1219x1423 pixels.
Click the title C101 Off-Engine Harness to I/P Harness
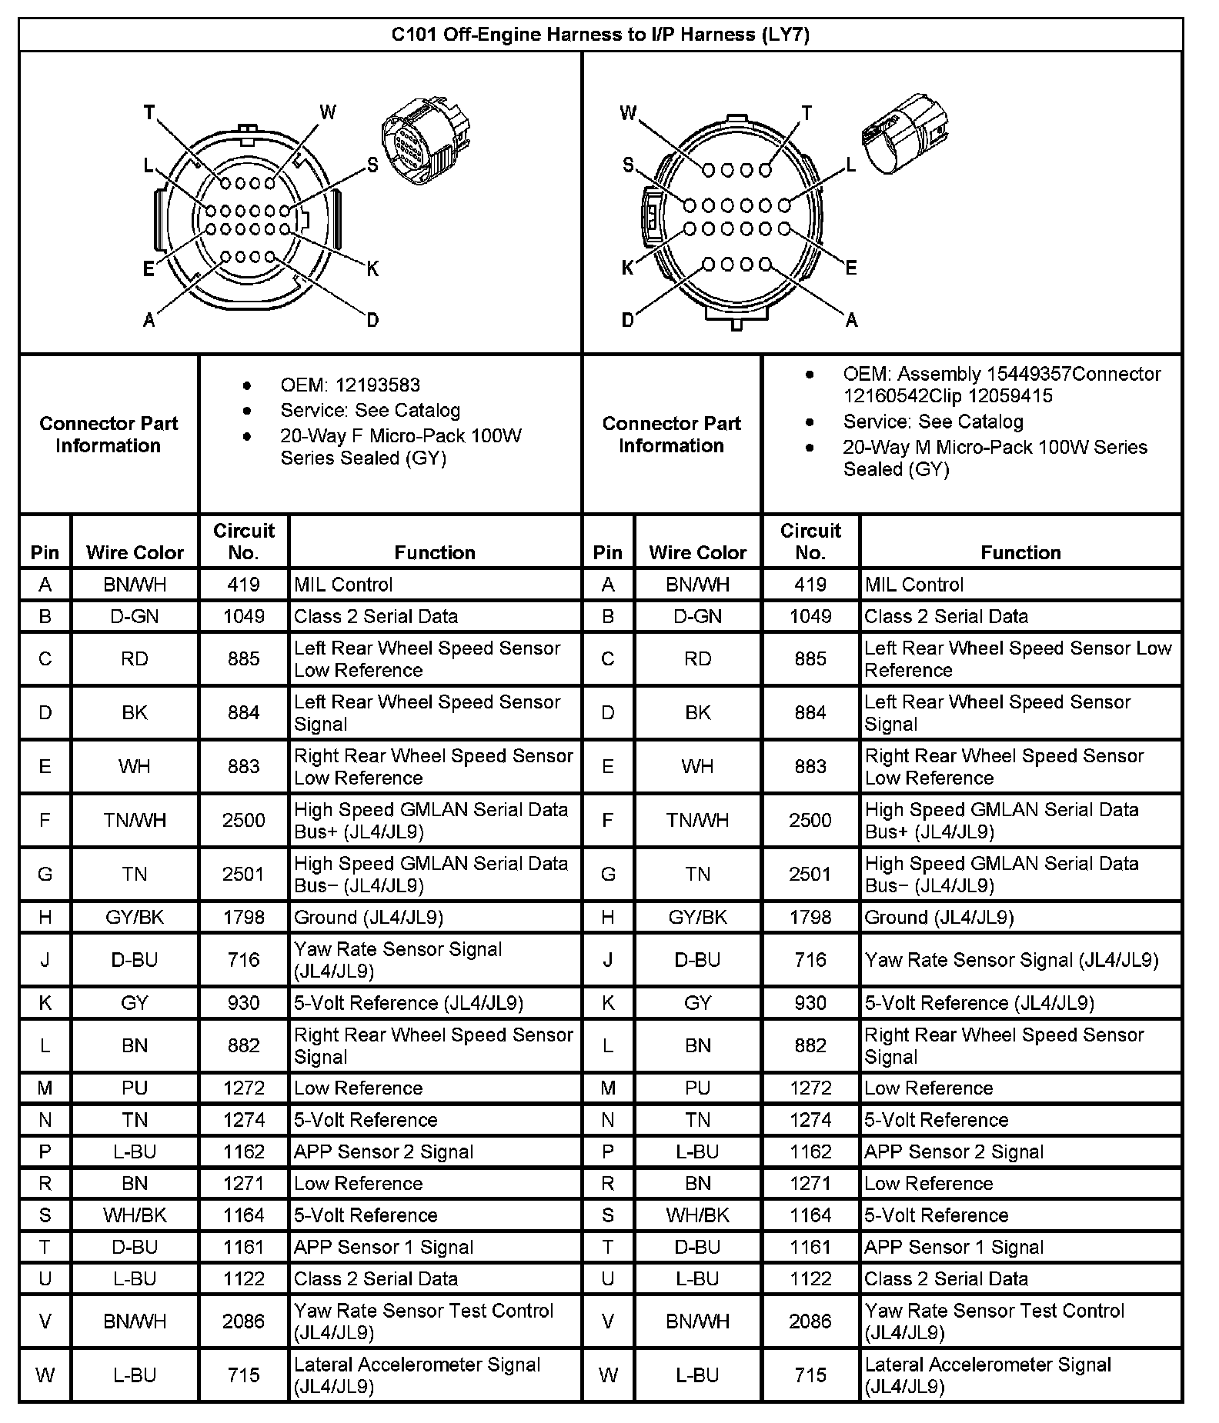point(600,35)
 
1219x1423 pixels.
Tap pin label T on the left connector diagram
point(149,113)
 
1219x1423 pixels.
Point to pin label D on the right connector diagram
point(627,319)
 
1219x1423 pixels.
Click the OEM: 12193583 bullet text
point(350,385)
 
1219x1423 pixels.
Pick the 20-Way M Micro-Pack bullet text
point(994,458)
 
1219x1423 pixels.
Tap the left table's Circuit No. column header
point(243,542)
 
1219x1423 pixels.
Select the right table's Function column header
point(1020,552)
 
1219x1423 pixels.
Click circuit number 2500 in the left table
point(243,820)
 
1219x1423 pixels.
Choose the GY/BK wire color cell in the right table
point(697,917)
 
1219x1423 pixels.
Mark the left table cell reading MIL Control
point(343,585)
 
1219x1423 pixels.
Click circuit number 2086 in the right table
point(810,1321)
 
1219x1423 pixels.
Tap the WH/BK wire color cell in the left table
point(135,1215)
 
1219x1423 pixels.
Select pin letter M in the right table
point(608,1088)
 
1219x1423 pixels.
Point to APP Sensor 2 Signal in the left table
point(383,1151)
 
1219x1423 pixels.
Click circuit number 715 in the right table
point(810,1375)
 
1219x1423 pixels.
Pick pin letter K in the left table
point(45,1002)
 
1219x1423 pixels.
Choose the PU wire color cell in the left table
point(135,1088)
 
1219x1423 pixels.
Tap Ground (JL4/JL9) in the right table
point(939,917)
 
